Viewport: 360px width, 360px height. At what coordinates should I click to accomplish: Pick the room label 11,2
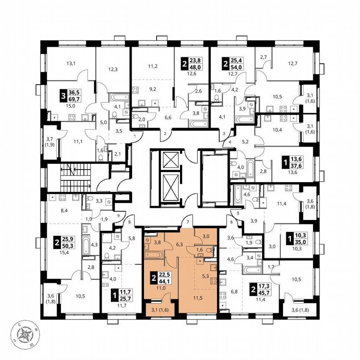coord(152,66)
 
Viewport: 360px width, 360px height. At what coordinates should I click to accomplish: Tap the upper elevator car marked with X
coord(171,160)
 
